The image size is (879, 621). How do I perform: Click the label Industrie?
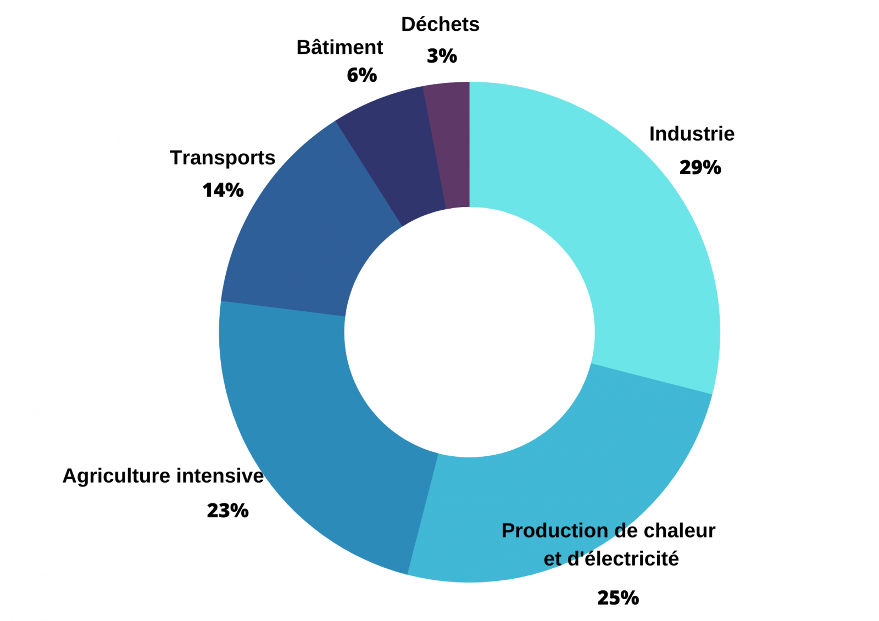point(692,134)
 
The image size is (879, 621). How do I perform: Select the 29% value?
point(700,167)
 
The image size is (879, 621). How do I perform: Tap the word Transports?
point(222,158)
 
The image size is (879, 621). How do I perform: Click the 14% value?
point(223,191)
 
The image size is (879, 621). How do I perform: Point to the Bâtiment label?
point(340,48)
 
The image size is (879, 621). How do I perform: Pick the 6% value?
point(362,75)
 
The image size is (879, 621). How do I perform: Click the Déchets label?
point(440,25)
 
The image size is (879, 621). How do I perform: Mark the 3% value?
point(442,56)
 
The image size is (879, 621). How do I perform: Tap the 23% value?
point(227,511)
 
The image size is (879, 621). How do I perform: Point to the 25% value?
point(618,598)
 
